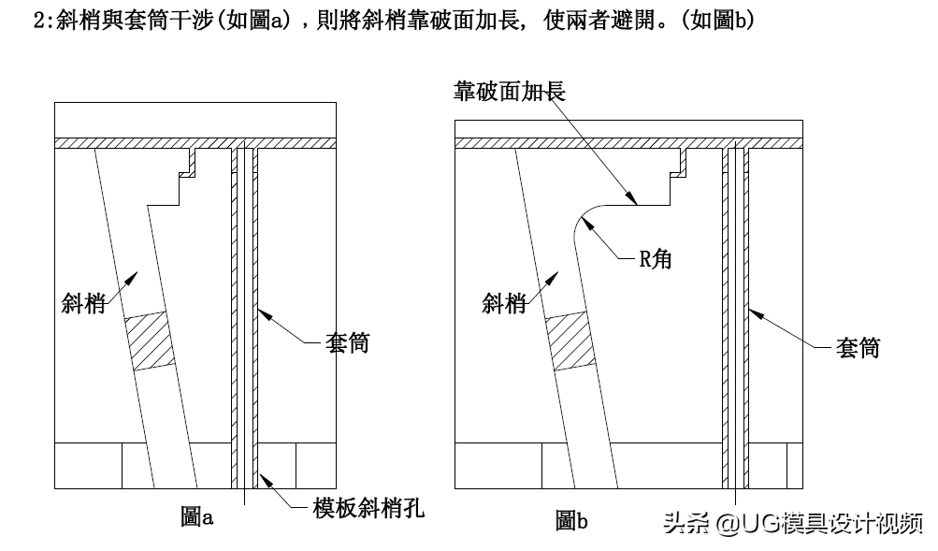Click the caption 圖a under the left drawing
click(197, 515)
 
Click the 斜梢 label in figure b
click(504, 302)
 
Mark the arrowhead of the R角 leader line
click(581, 219)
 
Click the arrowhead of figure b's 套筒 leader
click(751, 308)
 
